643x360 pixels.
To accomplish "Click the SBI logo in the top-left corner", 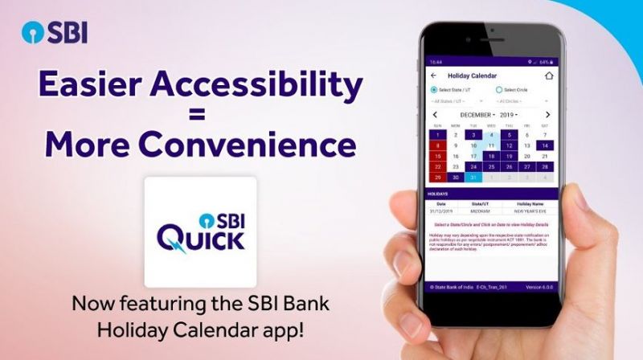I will click(54, 33).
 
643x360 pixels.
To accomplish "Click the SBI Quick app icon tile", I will click(200, 231).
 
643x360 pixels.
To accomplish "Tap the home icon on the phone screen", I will click(550, 76).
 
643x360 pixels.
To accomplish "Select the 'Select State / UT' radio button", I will click(435, 90).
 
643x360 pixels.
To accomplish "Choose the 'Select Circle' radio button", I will click(499, 90).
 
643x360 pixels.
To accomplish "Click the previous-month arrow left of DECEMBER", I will click(435, 115).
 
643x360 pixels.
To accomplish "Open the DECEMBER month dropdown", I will click(477, 115).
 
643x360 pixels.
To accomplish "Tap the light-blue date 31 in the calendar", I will click(473, 178).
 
